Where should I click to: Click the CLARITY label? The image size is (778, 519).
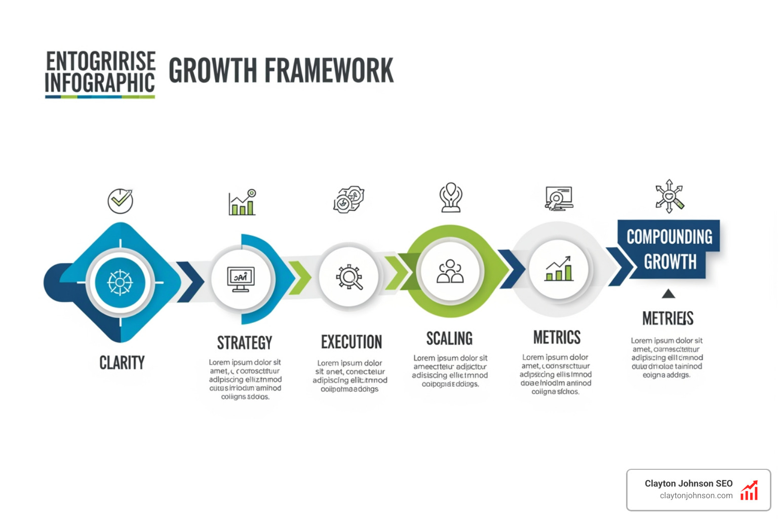122,362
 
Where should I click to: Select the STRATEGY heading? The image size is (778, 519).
245,343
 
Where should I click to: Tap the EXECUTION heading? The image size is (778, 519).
352,342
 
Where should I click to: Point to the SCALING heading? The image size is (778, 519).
449,338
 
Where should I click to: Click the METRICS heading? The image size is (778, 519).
557,337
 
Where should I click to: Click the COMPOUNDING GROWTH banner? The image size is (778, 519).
669,249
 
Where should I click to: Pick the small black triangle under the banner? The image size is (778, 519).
669,293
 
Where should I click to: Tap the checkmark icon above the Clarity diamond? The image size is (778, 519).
121,201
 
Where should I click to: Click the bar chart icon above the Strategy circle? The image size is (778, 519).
242,202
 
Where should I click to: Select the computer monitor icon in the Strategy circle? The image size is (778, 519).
241,279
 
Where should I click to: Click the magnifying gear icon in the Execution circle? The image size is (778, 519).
349,277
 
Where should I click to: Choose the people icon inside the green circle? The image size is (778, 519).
450,272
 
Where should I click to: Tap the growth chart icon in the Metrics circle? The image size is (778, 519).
559,269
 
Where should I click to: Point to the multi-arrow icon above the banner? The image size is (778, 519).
669,196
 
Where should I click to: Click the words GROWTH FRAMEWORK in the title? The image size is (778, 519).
281,70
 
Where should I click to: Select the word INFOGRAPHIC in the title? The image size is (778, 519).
100,83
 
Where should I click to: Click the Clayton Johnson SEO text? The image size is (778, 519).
688,484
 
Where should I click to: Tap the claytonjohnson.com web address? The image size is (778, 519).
696,496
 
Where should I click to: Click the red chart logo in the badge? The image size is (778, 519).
749,490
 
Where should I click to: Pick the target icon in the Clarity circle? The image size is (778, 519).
120,282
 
